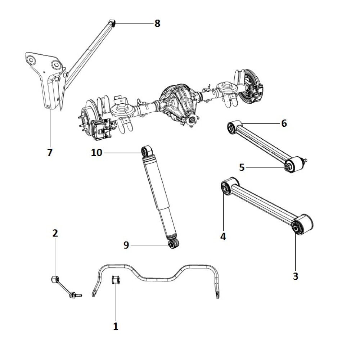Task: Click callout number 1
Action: click(116, 327)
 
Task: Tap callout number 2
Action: click(55, 233)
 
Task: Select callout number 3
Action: click(296, 276)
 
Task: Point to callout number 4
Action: click(223, 237)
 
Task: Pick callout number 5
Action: click(242, 167)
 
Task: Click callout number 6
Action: click(284, 123)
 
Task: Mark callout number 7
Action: click(50, 152)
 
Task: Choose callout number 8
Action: click(157, 24)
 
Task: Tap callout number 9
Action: click(126, 245)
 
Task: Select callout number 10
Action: click(96, 153)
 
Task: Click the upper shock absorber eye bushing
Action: click(146, 151)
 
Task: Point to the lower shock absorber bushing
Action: click(174, 245)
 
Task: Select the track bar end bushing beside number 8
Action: click(112, 24)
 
